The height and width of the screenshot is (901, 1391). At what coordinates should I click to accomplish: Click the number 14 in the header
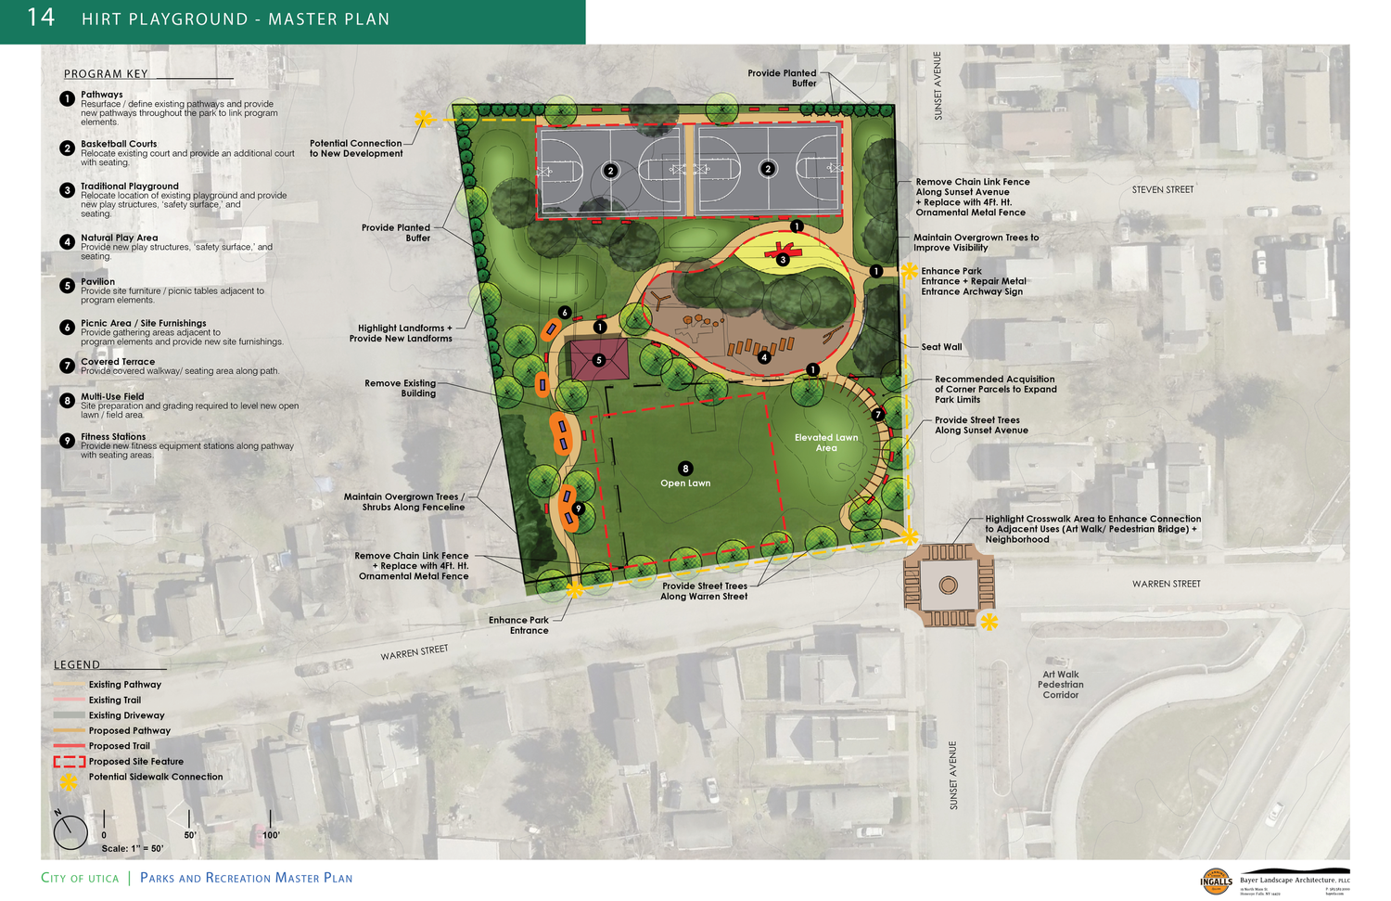tap(41, 18)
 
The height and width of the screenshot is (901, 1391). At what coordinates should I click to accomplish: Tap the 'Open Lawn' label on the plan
tap(685, 483)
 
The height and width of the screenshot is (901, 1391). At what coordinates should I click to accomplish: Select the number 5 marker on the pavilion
tap(599, 360)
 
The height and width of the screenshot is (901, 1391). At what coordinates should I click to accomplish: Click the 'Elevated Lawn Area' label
tap(826, 443)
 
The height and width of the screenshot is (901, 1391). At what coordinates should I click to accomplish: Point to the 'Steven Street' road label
tap(1162, 190)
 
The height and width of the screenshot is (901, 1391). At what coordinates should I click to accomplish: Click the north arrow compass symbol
tap(70, 832)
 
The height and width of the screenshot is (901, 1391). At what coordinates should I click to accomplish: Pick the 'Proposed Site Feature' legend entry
tap(135, 762)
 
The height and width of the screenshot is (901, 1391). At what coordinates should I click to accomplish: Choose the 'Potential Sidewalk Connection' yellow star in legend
tap(69, 780)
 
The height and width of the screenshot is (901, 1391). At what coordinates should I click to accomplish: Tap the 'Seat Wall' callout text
tap(941, 347)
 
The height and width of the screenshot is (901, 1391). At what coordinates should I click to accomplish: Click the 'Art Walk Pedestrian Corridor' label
tap(1061, 685)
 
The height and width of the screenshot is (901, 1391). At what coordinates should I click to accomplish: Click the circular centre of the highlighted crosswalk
tap(948, 586)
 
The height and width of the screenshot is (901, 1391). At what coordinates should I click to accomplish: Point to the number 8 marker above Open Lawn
tap(685, 469)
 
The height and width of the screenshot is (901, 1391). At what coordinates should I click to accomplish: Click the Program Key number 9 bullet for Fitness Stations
tap(67, 441)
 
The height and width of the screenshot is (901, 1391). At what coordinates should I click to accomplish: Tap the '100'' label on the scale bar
tap(271, 835)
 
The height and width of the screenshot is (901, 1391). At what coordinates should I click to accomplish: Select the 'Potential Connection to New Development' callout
tap(355, 148)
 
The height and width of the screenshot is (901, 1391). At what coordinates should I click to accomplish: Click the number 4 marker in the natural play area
tap(764, 357)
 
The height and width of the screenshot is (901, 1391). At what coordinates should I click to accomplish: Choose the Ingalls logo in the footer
tap(1216, 881)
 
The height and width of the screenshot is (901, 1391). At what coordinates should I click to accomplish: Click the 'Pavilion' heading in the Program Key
tap(97, 282)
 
